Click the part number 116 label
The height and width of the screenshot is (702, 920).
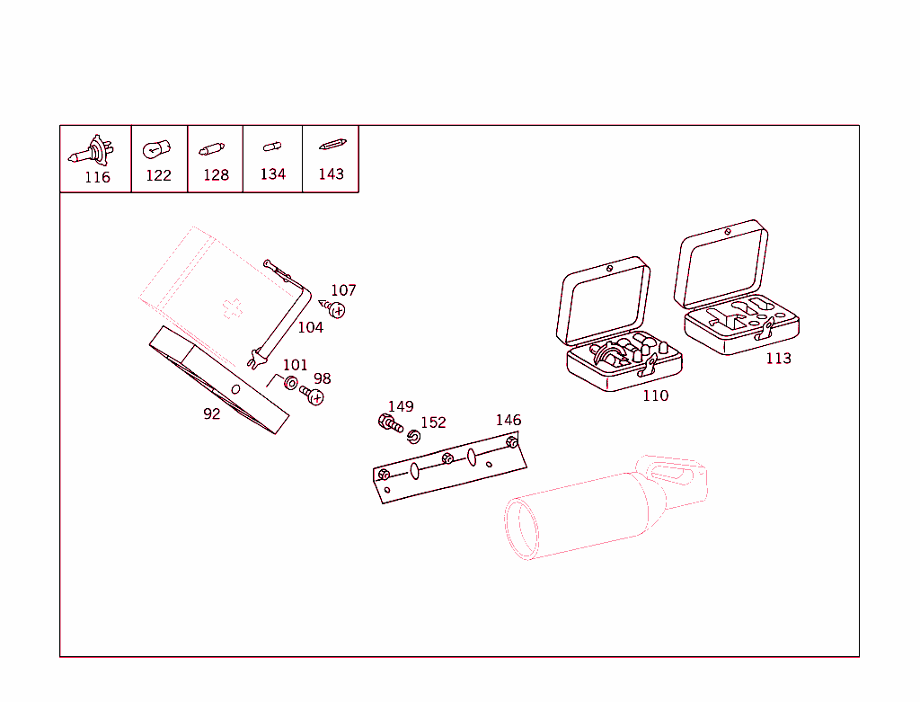tap(97, 177)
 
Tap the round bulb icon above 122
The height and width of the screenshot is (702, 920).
tap(155, 147)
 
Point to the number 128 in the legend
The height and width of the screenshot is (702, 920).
tap(216, 175)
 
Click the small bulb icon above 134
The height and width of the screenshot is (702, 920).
tap(271, 147)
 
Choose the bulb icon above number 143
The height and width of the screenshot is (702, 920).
tap(331, 145)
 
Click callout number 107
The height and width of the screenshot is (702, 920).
tap(343, 290)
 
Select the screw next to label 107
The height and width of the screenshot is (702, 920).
tap(335, 309)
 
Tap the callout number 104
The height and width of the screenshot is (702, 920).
tap(310, 327)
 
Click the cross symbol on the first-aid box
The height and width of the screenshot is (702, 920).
tap(232, 307)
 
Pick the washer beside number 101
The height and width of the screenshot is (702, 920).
tap(291, 384)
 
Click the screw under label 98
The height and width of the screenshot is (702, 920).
tap(314, 395)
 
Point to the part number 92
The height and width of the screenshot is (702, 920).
tap(211, 414)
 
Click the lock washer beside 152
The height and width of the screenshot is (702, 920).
tap(413, 437)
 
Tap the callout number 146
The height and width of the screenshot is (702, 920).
tap(508, 420)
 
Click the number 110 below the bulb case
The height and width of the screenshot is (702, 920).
tap(655, 395)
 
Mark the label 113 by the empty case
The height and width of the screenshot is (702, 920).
tap(778, 359)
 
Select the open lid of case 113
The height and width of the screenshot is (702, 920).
tap(721, 262)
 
